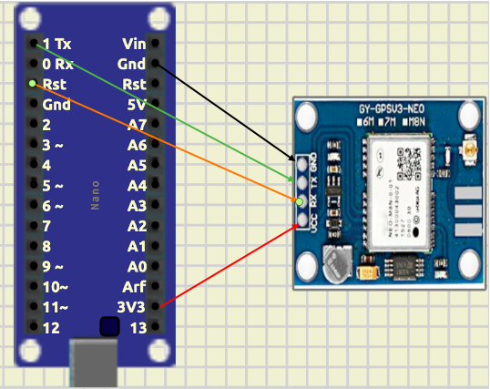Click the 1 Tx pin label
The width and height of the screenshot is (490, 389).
(56, 44)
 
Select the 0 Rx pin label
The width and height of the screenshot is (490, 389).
(57, 64)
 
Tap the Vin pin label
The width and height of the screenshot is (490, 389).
(134, 44)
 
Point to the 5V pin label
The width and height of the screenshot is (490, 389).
(136, 104)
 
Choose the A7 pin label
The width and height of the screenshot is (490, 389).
(137, 124)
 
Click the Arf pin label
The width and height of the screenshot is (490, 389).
(136, 287)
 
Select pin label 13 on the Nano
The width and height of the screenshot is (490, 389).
(138, 328)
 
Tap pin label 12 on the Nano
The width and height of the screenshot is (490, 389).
(51, 328)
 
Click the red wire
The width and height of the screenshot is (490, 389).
(228, 264)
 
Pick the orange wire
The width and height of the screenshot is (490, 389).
(164, 141)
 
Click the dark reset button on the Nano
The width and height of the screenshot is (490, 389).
(109, 326)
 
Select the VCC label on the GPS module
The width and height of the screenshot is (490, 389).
(315, 224)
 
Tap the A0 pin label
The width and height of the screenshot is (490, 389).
(137, 267)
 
